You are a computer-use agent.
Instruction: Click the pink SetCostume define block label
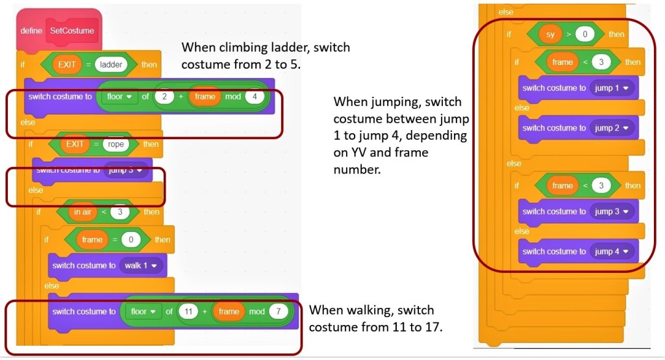coord(71,31)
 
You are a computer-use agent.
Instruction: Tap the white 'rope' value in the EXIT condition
coord(114,144)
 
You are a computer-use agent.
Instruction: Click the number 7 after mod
coord(278,311)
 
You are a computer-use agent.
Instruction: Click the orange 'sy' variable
coord(550,34)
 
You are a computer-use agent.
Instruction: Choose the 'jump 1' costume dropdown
coord(612,88)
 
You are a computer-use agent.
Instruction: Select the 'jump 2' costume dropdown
coord(612,128)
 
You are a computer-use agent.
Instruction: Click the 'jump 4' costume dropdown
coord(612,251)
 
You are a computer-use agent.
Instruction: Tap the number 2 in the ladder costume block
coord(166,97)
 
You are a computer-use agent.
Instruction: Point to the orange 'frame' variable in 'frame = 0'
coord(92,240)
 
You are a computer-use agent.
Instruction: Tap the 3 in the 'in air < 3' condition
coord(120,212)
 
